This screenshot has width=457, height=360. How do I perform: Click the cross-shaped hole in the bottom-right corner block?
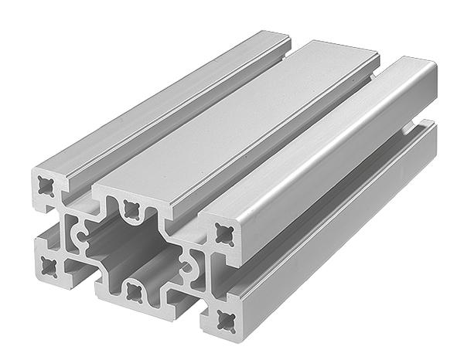[227, 317]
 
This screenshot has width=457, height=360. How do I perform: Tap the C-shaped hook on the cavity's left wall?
[77, 232]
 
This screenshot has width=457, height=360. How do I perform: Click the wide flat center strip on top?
[232, 116]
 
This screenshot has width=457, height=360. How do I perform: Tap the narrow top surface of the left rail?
[155, 93]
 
